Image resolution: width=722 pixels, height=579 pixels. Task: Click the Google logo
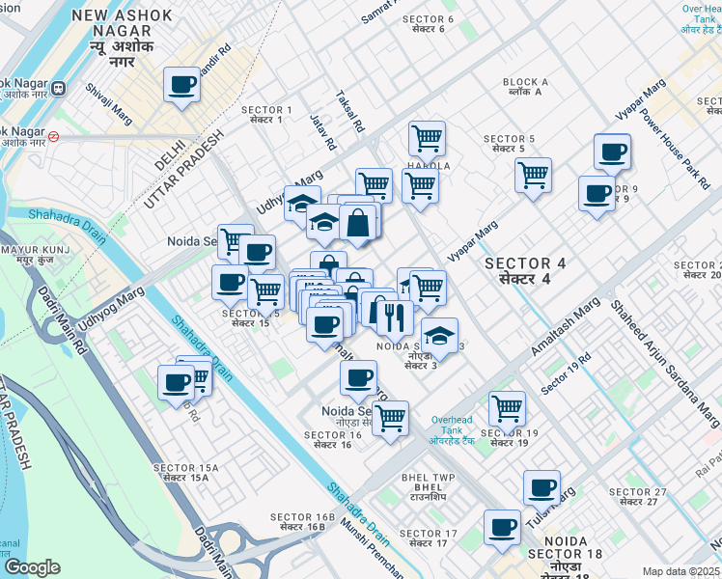pyautogui.click(x=31, y=567)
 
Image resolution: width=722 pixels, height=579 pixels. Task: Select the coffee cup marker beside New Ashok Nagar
pyautogui.click(x=181, y=85)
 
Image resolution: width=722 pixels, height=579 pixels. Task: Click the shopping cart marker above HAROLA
pyautogui.click(x=426, y=137)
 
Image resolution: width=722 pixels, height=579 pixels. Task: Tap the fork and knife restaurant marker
pyautogui.click(x=394, y=317)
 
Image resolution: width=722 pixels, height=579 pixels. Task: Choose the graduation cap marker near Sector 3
pyautogui.click(x=439, y=336)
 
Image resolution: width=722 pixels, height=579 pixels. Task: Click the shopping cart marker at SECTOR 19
pyautogui.click(x=506, y=407)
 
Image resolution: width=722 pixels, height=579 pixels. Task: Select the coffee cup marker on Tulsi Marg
pyautogui.click(x=542, y=487)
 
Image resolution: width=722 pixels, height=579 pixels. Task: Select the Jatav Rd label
pyautogui.click(x=322, y=132)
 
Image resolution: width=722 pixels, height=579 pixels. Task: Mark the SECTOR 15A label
pyautogui.click(x=185, y=473)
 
